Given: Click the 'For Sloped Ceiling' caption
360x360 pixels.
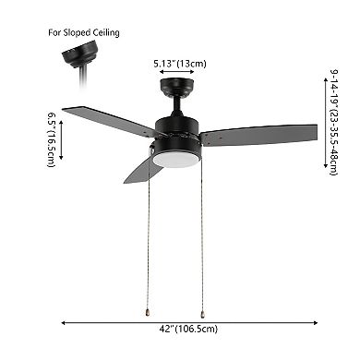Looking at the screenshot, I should pyautogui.click(x=84, y=32).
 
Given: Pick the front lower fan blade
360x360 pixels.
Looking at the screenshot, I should pyautogui.click(x=143, y=169).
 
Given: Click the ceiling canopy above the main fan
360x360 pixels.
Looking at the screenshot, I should pyautogui.click(x=176, y=87).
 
